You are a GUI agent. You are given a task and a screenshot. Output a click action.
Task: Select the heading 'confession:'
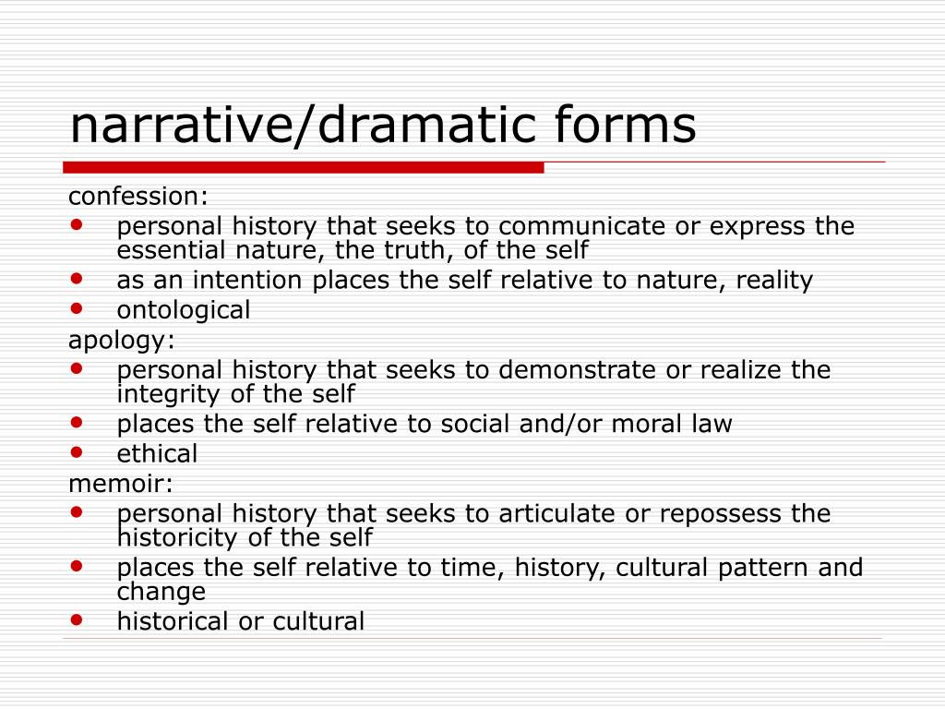[x=138, y=196]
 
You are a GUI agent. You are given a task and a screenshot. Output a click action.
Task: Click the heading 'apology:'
[x=121, y=340]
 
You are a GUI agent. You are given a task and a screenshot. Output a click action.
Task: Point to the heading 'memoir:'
[x=120, y=483]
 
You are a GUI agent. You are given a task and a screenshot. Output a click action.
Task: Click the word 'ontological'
[x=184, y=310]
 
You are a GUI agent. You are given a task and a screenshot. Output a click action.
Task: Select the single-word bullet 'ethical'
[x=157, y=454]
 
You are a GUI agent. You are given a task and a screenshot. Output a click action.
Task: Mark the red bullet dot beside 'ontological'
[x=77, y=308]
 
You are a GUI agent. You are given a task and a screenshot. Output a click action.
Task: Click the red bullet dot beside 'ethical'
[x=77, y=451]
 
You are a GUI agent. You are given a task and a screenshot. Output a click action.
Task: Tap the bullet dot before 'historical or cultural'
[x=77, y=619]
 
